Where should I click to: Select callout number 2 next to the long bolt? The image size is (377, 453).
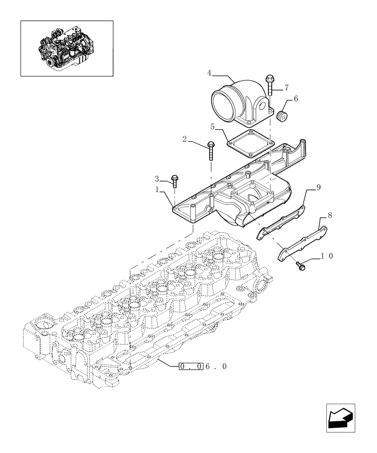[184, 139]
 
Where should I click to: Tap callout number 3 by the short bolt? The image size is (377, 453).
[157, 178]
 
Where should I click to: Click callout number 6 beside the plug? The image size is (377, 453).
[295, 98]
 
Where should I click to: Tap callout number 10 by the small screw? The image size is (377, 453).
[327, 256]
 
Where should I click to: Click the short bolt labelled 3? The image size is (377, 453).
[174, 180]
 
